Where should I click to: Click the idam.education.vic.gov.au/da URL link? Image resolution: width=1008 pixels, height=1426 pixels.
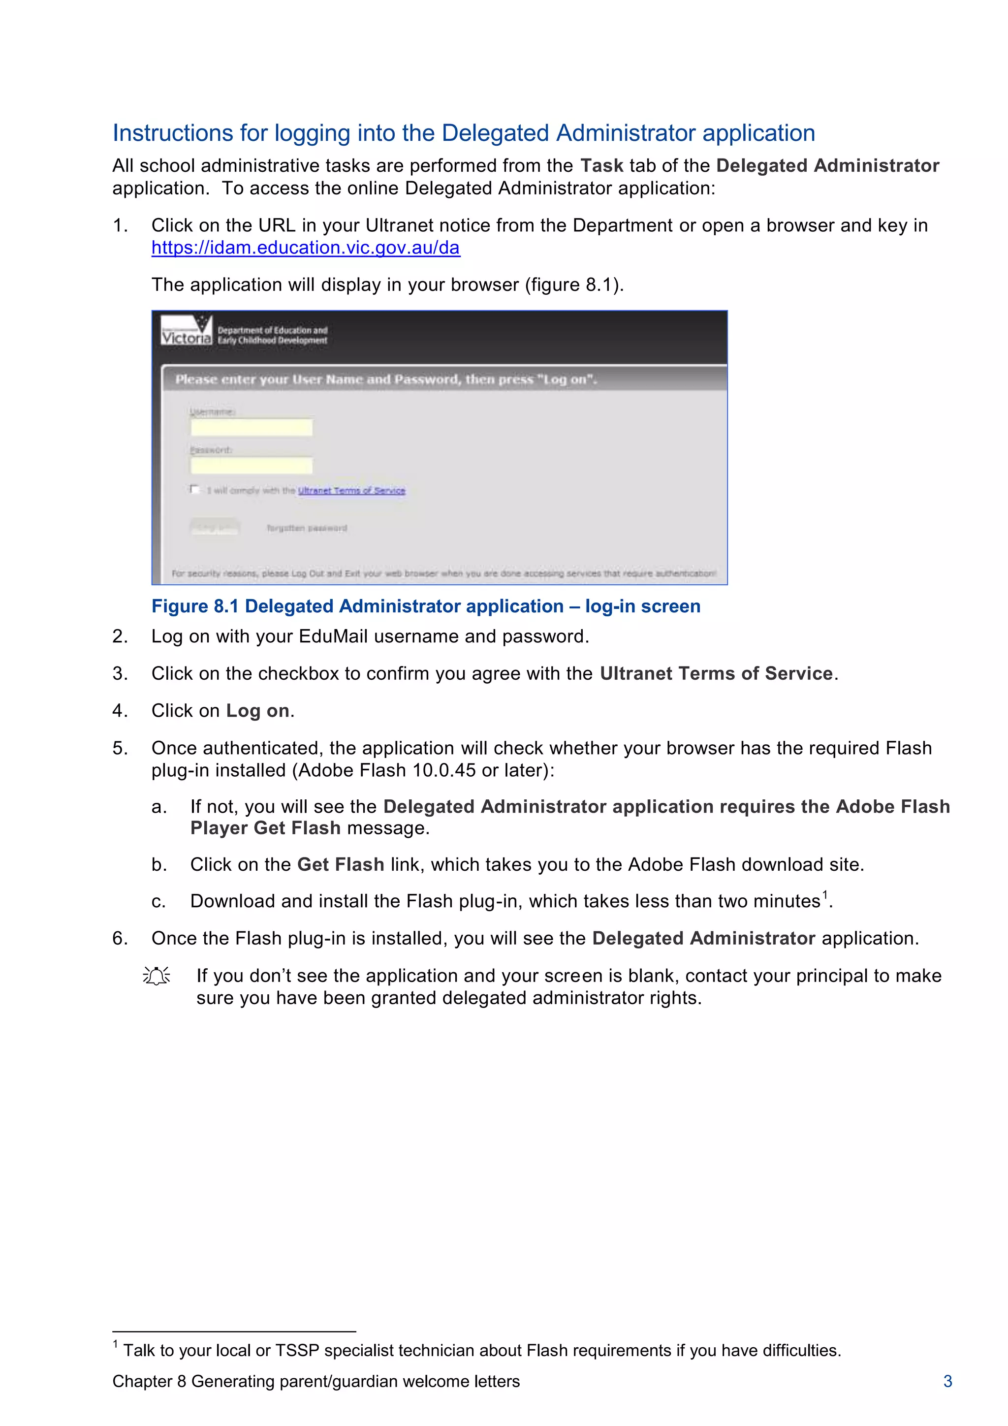tap(306, 248)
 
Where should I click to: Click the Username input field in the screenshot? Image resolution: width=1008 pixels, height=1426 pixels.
tap(251, 427)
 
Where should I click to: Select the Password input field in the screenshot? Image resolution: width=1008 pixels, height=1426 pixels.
tap(251, 466)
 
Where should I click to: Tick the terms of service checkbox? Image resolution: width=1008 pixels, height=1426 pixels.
tap(194, 489)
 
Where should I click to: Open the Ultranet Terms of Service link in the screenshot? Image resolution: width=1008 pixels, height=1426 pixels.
tap(351, 491)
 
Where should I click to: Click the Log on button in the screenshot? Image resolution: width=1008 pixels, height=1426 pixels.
tap(214, 528)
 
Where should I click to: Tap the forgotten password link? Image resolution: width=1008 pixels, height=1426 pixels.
tap(307, 528)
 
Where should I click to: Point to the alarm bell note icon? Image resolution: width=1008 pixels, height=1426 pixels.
tap(157, 976)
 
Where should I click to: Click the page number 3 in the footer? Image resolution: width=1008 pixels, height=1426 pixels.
tap(947, 1381)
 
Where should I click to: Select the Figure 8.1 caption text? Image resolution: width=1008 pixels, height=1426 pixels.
tap(426, 606)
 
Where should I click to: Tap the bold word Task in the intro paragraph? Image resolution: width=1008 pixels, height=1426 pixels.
tap(601, 166)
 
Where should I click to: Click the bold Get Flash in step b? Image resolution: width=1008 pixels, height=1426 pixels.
tap(340, 864)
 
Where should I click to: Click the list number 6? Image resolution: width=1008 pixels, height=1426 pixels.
tap(119, 939)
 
